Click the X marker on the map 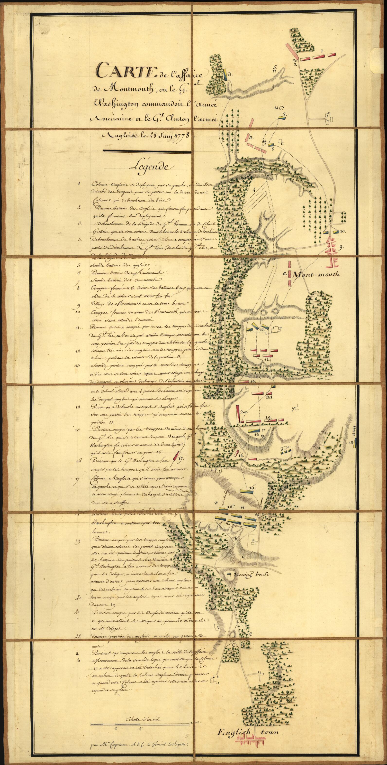pyautogui.click(x=197, y=464)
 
